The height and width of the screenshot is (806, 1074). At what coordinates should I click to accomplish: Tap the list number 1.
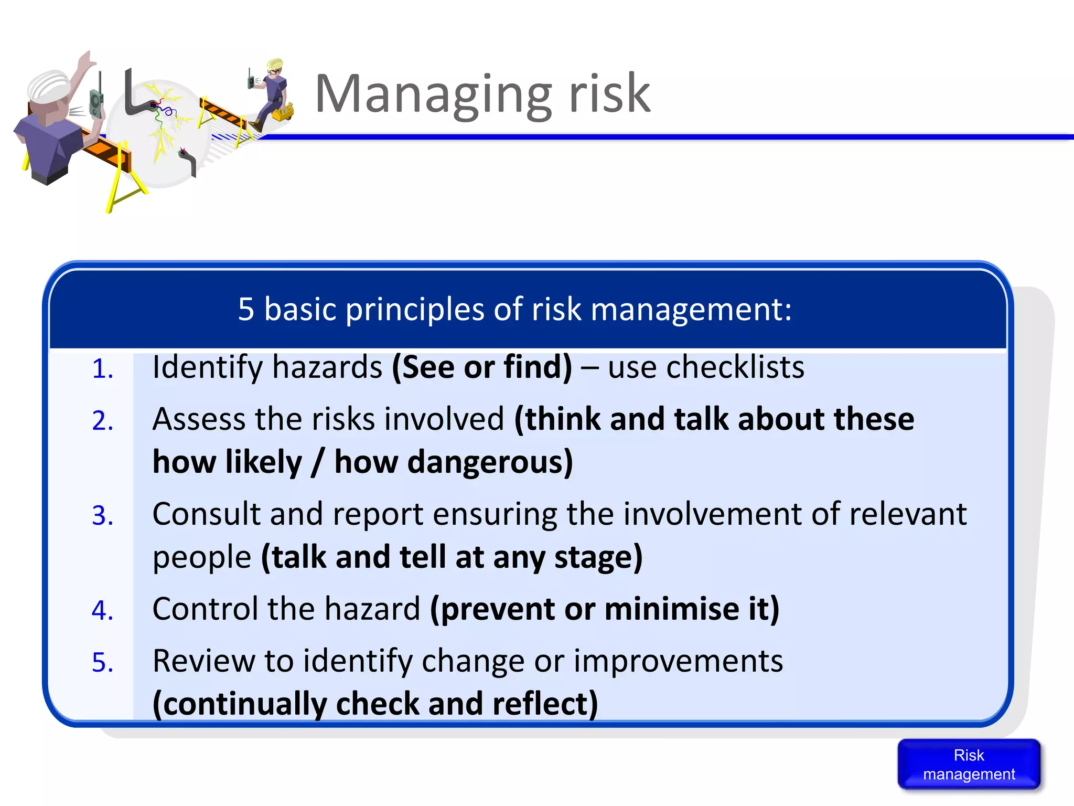(102, 368)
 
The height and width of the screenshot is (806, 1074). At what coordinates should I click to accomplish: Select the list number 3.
(102, 515)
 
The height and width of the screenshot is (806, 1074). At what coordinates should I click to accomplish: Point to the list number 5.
(102, 662)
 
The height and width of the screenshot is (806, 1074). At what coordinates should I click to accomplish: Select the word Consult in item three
(206, 514)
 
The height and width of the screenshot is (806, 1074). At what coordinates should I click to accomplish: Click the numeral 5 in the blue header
(246, 309)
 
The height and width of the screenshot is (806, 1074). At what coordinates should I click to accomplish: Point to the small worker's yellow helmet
(275, 65)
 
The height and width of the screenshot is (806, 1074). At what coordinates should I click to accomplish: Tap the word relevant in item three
(908, 514)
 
